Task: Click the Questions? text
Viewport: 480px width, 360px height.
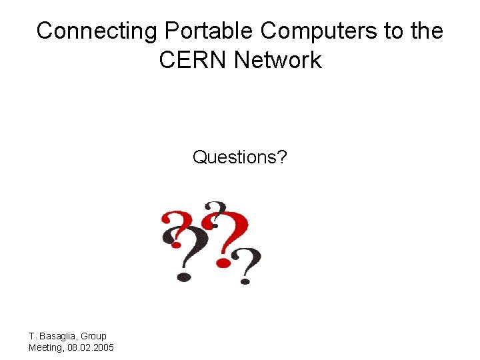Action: point(240,157)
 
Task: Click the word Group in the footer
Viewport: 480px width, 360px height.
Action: point(93,336)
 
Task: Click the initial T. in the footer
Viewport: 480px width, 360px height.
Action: point(33,336)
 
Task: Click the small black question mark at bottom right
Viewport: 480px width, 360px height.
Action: point(248,264)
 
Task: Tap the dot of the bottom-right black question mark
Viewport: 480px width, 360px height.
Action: point(245,281)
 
